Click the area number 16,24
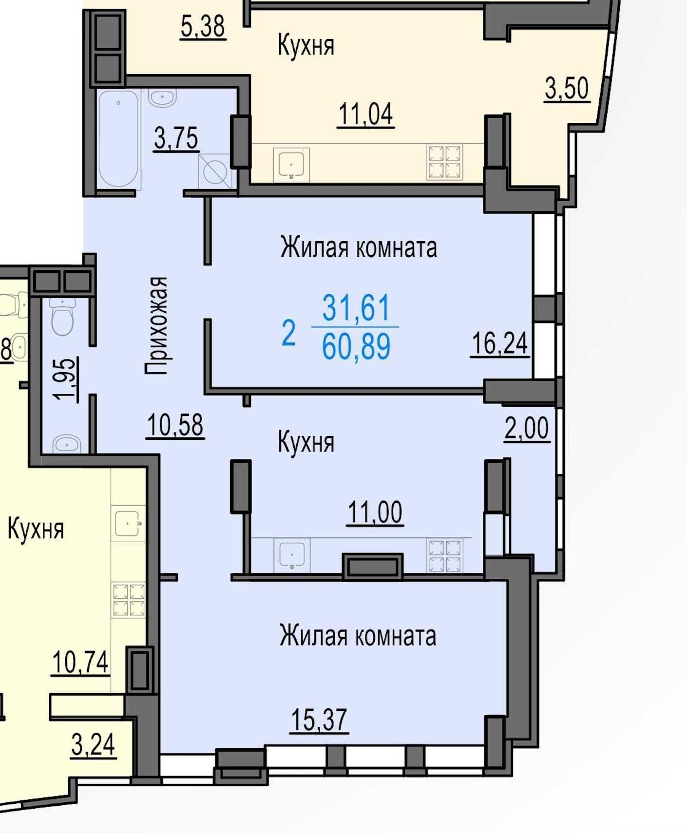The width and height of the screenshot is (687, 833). (500, 343)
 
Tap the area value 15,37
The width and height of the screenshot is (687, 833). (319, 719)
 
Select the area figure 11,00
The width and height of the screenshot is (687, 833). (375, 512)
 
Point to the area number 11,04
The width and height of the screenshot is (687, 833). (365, 114)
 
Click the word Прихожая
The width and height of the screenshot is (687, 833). (156, 325)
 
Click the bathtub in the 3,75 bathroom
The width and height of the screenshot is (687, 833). (118, 138)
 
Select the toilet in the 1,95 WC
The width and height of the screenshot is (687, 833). (62, 317)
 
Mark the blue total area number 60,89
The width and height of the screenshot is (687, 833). (356, 346)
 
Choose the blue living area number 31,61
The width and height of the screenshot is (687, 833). (356, 307)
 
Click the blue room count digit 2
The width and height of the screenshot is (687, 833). (288, 333)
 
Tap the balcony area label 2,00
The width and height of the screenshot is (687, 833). (527, 429)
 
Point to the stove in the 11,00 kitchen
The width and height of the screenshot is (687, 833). (445, 555)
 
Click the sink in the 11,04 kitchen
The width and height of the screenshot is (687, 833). (291, 164)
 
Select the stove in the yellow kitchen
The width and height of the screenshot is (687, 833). (129, 600)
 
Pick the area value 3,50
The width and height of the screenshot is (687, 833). (567, 89)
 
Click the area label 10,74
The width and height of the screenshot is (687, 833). (80, 663)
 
